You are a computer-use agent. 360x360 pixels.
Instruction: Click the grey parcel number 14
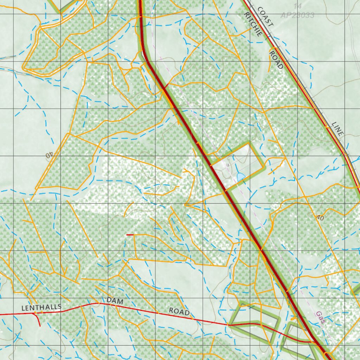pyautogui.click(x=298, y=6)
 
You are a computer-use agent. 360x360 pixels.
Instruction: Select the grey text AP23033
pyautogui.click(x=297, y=15)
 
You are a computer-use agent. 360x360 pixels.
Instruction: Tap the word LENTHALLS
pyautogui.click(x=41, y=307)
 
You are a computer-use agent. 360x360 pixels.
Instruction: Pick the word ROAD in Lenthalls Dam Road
pyautogui.click(x=179, y=311)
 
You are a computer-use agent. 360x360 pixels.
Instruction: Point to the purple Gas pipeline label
pyautogui.click(x=320, y=317)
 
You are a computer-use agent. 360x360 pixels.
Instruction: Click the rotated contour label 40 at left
pyautogui.click(x=49, y=154)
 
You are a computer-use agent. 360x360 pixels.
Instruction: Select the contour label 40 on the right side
pyautogui.click(x=320, y=218)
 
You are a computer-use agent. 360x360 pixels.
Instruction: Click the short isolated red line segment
pyautogui.click(x=130, y=234)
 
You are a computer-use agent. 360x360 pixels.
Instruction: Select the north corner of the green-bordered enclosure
pyautogui.click(x=250, y=143)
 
